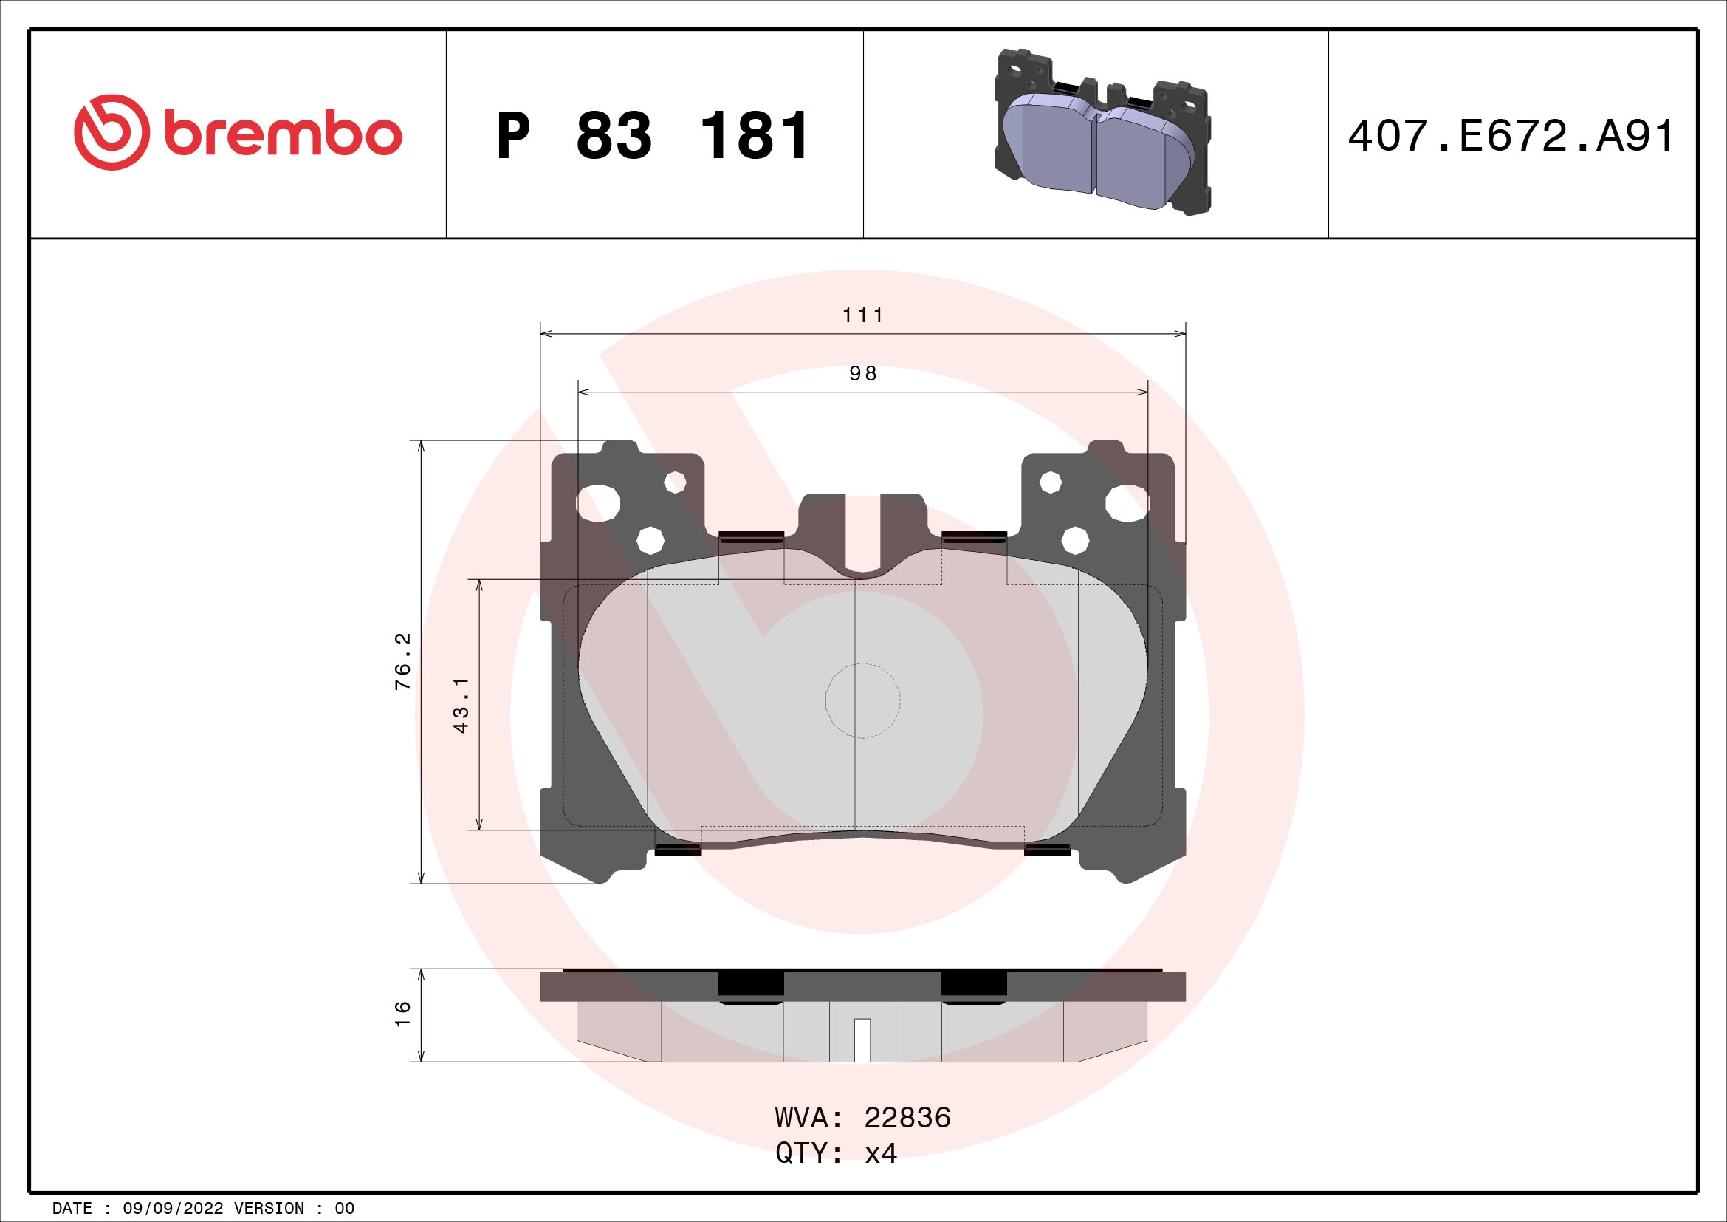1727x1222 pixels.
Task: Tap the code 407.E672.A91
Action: click(1511, 136)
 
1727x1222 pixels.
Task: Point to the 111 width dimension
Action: click(862, 315)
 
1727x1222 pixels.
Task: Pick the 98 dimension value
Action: click(862, 374)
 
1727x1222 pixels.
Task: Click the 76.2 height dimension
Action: click(404, 661)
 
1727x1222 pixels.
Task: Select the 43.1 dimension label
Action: click(461, 704)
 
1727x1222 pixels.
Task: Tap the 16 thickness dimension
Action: click(404, 1014)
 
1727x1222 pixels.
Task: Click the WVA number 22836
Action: click(907, 1117)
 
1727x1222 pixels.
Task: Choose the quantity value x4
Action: click(881, 1153)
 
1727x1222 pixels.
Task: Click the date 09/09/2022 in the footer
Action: click(172, 1209)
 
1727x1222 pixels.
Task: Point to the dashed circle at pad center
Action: click(862, 700)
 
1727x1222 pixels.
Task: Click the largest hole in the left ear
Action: click(599, 503)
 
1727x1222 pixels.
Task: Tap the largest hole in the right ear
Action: click(1127, 503)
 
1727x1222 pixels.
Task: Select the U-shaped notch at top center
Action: click(862, 542)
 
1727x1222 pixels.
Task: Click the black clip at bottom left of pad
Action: click(678, 850)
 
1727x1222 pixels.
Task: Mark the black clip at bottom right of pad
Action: click(1047, 850)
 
